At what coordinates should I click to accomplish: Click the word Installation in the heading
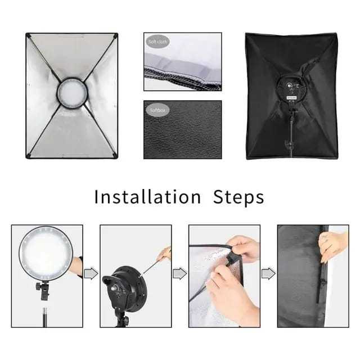point(147,197)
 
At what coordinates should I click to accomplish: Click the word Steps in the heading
point(238,197)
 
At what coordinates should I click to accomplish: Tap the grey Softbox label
point(157,110)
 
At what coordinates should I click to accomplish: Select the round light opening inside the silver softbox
point(71,90)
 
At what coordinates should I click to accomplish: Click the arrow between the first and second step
point(91,273)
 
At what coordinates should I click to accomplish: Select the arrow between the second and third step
point(179,273)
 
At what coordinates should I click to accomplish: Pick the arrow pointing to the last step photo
point(268,273)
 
